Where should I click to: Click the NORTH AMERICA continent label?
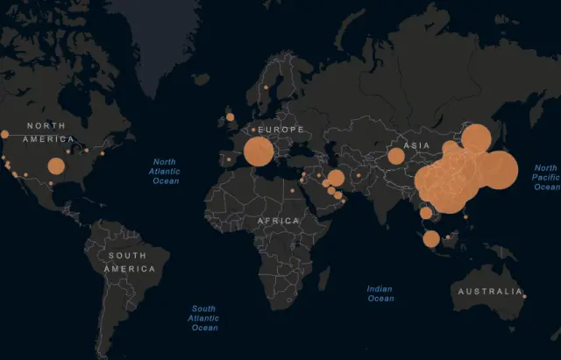[50, 132]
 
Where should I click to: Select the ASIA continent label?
[415, 145]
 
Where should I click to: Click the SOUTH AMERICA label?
[130, 262]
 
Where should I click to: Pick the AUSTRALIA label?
[486, 291]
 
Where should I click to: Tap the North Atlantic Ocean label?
[165, 171]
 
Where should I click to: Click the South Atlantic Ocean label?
[203, 318]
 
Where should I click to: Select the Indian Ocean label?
[380, 293]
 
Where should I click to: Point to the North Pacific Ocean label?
[545, 177]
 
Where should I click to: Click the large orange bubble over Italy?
[258, 152]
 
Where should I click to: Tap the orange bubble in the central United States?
[56, 166]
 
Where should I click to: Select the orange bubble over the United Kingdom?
[231, 116]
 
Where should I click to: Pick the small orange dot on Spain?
[230, 159]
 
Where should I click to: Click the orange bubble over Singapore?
[431, 238]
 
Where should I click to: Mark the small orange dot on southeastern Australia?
[524, 297]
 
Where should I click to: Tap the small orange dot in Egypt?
[293, 190]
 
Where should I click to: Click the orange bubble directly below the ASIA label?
[395, 157]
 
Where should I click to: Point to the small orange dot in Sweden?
[266, 88]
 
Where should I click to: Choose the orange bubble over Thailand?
[426, 213]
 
